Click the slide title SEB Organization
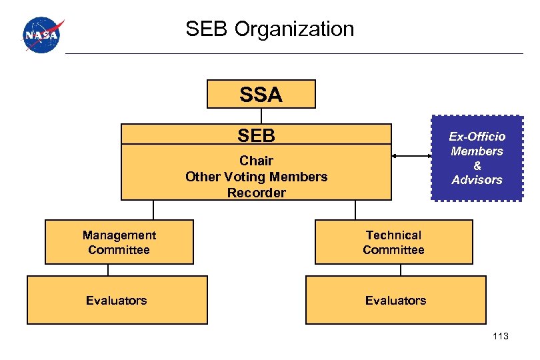270,29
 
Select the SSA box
261,94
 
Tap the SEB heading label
256,135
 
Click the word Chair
256,161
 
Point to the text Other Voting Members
256,177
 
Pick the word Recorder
256,193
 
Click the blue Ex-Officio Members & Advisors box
477,158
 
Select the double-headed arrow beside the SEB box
411,157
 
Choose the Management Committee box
119,242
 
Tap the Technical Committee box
393,242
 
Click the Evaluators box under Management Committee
117,300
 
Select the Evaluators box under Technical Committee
395,300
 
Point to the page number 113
500,336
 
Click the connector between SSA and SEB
261,116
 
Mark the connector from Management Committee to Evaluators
109,270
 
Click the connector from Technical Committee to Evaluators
400,270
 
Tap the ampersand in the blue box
477,165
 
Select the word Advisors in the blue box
477,180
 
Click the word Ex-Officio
477,137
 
